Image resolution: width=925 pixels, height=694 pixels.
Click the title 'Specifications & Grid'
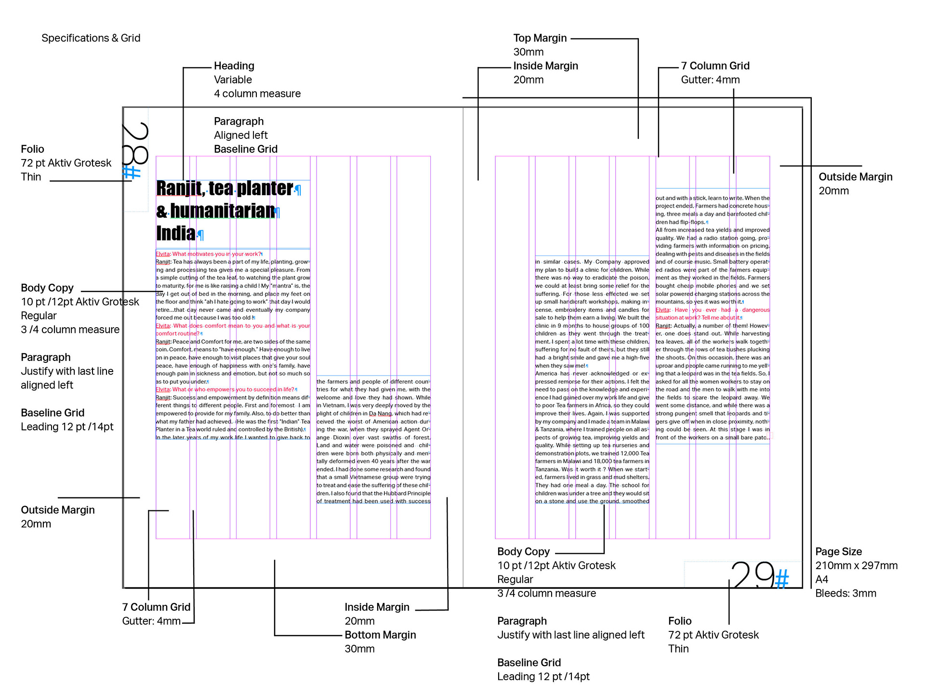click(x=91, y=38)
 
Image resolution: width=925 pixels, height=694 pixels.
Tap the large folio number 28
click(x=135, y=143)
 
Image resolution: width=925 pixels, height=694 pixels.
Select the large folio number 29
click(x=753, y=574)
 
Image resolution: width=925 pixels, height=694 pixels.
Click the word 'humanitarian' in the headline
click(x=222, y=211)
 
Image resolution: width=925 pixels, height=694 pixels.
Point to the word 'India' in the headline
click(x=176, y=234)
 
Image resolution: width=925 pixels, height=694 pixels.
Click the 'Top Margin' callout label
click(x=540, y=38)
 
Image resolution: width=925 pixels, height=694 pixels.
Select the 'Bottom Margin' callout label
click(x=380, y=635)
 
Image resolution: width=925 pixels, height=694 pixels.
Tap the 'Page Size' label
click(x=838, y=551)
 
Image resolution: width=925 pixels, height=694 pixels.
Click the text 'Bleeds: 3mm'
click(x=846, y=593)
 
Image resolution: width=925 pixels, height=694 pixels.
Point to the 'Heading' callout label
click(x=234, y=66)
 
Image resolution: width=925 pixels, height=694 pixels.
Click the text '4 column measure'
click(x=257, y=93)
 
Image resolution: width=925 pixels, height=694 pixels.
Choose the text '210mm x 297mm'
click(x=856, y=565)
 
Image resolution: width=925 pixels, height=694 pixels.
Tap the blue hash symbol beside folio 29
click(x=782, y=579)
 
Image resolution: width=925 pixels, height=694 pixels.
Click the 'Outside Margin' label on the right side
click(x=855, y=177)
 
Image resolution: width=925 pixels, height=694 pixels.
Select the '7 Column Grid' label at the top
click(x=715, y=66)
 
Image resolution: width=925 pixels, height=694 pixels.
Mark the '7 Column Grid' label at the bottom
click(x=156, y=607)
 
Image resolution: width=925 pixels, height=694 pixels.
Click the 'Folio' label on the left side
click(x=32, y=149)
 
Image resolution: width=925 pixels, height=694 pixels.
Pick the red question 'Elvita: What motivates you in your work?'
click(x=209, y=254)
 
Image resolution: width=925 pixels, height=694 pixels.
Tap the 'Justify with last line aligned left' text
click(x=570, y=635)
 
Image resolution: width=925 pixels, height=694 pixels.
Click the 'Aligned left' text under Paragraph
click(x=240, y=135)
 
